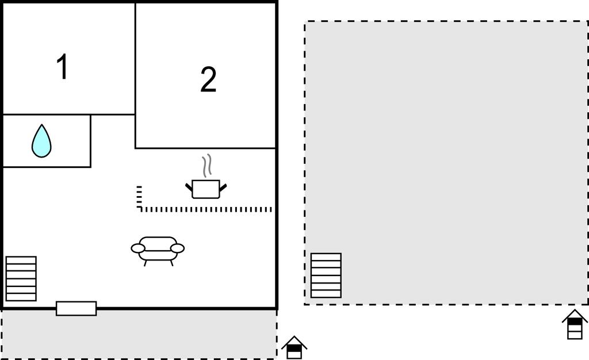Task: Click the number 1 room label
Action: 62,67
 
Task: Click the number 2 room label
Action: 208,79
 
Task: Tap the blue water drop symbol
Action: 41,141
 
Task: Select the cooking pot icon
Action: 206,189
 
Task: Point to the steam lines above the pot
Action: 206,166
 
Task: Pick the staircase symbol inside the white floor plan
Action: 21,278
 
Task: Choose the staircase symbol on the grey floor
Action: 326,275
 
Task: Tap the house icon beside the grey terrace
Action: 294,347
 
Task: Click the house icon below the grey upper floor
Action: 575,324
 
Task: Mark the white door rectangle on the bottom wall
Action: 77,308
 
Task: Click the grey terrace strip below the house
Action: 139,334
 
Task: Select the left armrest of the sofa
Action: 138,248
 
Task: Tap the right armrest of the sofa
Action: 177,248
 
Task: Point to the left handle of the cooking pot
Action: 189,186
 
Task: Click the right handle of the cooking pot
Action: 223,187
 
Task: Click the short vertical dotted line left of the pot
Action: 139,196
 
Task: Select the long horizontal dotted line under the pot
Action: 206,209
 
